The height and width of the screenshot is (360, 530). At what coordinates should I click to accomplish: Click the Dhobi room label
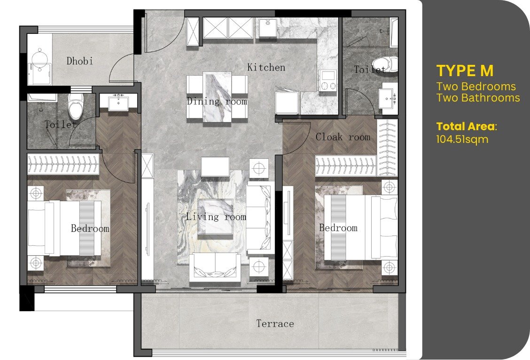79,61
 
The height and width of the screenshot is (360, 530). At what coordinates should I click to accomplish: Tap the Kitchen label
266,67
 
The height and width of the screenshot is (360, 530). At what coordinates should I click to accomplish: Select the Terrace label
275,323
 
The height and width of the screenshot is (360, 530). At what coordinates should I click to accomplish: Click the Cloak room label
343,137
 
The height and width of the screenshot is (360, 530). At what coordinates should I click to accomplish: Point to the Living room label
216,216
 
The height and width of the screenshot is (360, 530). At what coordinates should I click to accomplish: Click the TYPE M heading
465,71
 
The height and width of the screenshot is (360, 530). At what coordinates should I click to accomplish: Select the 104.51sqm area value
462,139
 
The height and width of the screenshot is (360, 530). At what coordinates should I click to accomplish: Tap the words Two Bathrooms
478,98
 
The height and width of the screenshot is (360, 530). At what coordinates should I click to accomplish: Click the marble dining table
217,97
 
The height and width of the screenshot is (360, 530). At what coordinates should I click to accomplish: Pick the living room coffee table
215,216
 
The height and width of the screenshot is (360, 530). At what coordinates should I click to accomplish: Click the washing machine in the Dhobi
40,74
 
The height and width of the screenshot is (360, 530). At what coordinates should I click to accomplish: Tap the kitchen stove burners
327,81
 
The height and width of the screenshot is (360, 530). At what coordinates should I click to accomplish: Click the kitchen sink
268,28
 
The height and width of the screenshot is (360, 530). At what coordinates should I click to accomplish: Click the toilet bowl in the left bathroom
76,106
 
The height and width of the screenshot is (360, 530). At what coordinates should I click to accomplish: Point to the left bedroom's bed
64,228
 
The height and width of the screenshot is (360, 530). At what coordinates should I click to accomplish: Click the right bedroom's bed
361,227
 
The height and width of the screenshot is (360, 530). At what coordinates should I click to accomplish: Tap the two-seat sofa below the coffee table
215,267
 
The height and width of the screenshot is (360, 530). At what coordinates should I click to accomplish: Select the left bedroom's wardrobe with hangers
63,164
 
